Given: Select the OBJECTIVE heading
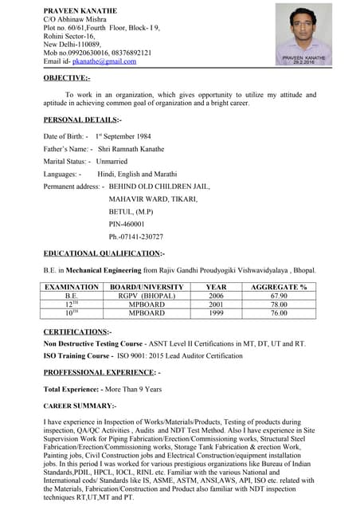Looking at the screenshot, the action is tap(67, 78).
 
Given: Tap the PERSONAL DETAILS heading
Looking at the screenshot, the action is tap(82, 120).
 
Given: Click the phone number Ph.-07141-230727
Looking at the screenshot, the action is tap(136, 237).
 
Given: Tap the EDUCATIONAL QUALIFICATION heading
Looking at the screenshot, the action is tap(104, 253).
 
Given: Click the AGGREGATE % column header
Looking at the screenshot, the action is tap(279, 287).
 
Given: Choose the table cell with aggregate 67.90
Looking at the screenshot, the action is tap(279, 296).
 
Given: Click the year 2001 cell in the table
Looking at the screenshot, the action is tap(216, 304).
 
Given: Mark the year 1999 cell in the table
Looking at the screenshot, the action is tap(216, 313).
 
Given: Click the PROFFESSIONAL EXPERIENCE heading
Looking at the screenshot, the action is tap(101, 372).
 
